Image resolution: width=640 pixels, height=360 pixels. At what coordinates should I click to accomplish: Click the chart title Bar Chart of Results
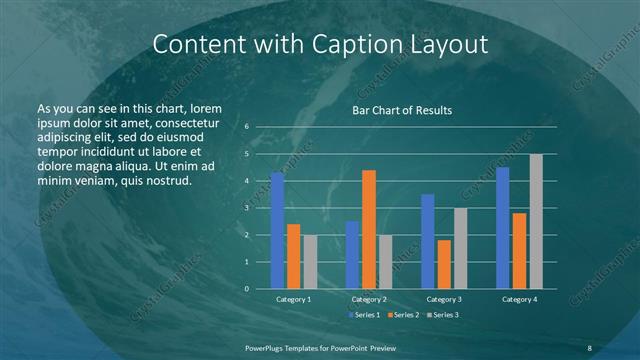tap(402, 110)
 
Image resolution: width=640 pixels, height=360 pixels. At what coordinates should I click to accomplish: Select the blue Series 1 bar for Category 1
tap(277, 231)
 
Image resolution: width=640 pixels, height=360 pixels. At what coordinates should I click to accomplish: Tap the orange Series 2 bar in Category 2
tap(369, 229)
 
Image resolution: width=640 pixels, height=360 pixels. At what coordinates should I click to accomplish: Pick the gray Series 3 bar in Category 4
tap(536, 221)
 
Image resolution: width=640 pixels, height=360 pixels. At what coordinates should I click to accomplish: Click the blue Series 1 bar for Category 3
tap(428, 241)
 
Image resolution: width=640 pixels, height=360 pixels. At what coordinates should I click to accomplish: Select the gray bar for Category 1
tap(310, 261)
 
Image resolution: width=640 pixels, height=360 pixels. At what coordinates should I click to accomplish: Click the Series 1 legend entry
tap(363, 315)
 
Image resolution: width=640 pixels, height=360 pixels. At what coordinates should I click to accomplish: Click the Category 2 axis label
tap(369, 299)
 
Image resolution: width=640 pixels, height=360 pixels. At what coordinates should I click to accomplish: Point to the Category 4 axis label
tap(519, 299)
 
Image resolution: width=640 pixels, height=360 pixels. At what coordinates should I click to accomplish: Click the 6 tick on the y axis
tap(247, 127)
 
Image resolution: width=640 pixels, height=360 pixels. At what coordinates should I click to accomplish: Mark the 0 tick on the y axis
tap(247, 289)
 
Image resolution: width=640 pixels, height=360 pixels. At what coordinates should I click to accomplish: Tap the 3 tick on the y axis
tap(247, 208)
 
